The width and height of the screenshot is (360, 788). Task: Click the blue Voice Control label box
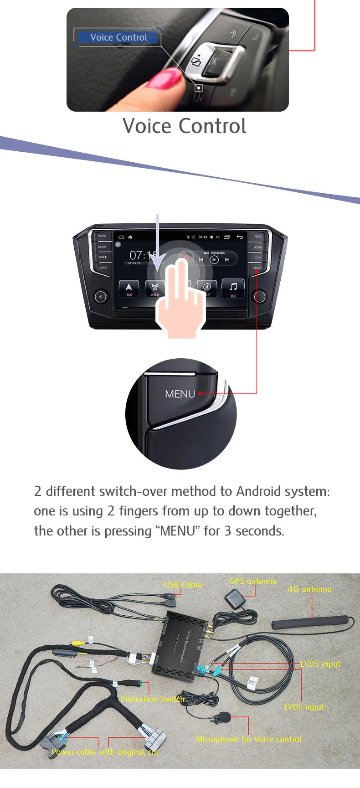click(x=118, y=37)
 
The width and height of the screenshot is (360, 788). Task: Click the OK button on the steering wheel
click(x=213, y=61)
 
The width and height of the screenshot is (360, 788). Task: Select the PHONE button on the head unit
click(x=103, y=257)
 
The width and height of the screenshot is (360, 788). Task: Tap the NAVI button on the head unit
click(x=257, y=237)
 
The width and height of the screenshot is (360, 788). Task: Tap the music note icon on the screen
click(x=233, y=288)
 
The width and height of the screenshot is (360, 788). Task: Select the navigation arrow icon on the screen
click(x=129, y=288)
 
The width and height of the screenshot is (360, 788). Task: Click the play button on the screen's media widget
click(x=214, y=260)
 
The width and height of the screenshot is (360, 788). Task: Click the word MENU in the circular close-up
click(x=180, y=394)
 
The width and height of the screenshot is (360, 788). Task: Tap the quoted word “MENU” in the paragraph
click(x=178, y=531)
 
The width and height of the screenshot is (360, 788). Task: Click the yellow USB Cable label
click(x=183, y=585)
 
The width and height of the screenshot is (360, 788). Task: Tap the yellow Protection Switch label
click(x=153, y=699)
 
